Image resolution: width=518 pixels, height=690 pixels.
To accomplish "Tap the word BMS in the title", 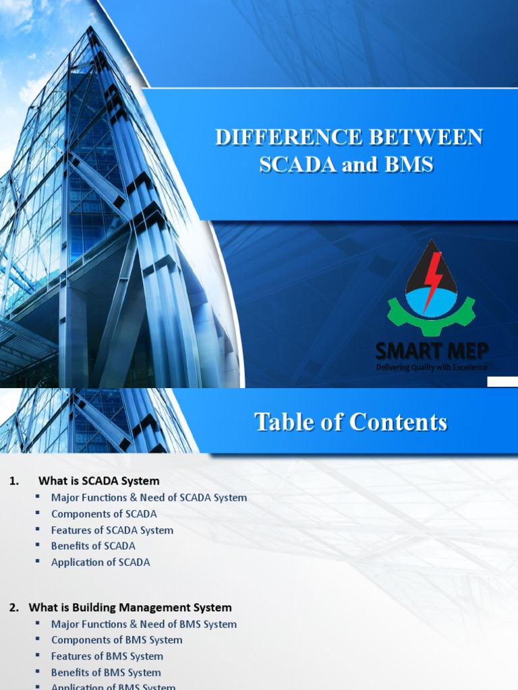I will (x=407, y=164).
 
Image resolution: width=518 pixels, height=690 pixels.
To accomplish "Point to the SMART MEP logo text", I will (x=432, y=350).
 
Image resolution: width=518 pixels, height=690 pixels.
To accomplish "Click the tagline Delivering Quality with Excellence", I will (x=432, y=367).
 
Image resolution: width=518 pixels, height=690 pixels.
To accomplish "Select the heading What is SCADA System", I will (x=99, y=481).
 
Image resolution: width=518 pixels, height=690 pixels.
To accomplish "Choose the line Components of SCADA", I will (x=104, y=513).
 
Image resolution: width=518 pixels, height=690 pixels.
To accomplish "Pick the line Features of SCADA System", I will (x=112, y=530).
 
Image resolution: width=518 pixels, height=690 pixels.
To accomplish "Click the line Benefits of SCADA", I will (x=93, y=546).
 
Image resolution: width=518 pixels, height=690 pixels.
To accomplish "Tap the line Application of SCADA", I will (x=100, y=562).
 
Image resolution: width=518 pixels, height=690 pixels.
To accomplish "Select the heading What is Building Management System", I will (x=135, y=608).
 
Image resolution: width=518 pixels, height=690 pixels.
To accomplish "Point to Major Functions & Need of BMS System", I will (x=144, y=624).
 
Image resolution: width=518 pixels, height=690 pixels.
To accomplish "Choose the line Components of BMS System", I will (x=117, y=640).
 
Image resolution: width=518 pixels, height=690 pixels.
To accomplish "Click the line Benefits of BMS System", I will (x=106, y=672).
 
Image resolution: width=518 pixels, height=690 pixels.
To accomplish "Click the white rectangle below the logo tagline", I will (x=502, y=381).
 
